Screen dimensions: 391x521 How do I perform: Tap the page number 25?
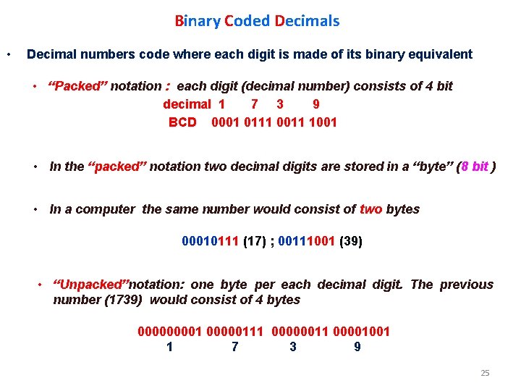tap(485, 373)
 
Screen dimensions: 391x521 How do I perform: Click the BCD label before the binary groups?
tap(182, 122)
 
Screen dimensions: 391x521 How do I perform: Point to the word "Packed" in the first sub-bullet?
tap(77, 86)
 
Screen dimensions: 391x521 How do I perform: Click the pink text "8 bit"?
tap(479, 167)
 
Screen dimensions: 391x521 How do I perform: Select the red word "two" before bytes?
tap(371, 209)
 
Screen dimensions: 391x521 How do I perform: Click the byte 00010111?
tap(211, 241)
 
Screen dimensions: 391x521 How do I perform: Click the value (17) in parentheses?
tap(254, 241)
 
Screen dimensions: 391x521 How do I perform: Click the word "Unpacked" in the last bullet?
tap(90, 285)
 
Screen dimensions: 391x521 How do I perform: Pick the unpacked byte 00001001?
tap(360, 332)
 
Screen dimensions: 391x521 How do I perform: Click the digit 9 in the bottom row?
tap(357, 348)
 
